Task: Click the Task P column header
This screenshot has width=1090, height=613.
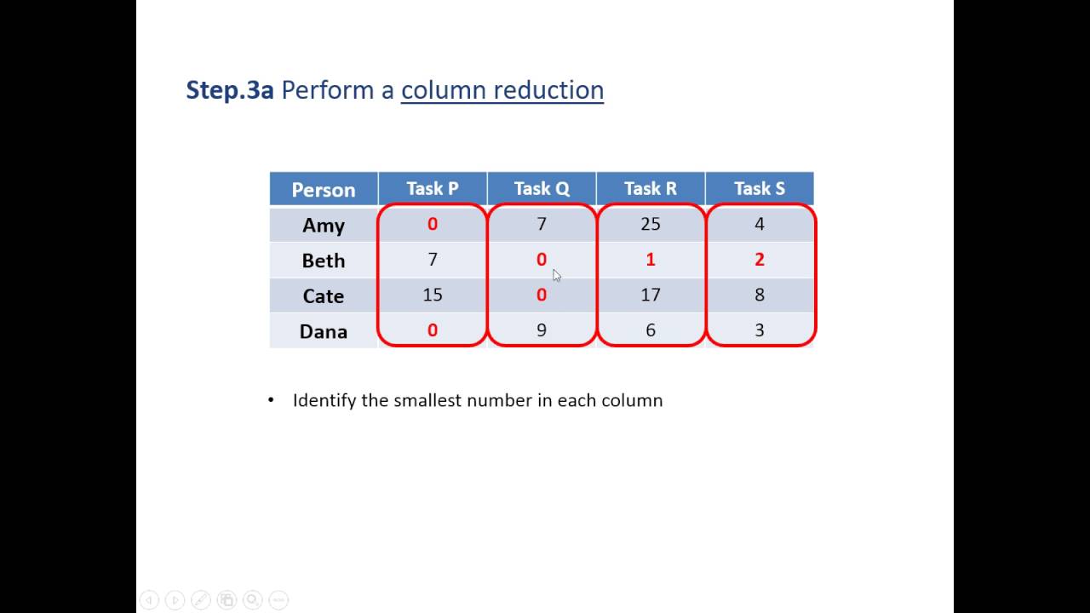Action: pos(433,188)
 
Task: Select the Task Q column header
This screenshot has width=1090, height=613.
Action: pos(542,188)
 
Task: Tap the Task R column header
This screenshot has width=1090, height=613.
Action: pos(651,188)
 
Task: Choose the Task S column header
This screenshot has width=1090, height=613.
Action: pos(760,188)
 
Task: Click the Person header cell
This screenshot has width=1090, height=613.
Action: pos(324,189)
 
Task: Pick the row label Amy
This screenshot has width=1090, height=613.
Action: pos(324,225)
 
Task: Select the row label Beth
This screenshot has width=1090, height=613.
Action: pos(324,261)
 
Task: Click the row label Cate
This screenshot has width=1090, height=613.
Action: pos(324,296)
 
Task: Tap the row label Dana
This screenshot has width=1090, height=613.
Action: pos(324,331)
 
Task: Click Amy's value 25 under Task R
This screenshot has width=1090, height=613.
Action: pos(651,224)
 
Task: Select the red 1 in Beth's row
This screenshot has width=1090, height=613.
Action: pos(651,260)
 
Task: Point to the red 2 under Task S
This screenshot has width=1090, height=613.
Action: pos(760,260)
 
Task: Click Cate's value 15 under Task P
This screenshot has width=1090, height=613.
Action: pos(433,295)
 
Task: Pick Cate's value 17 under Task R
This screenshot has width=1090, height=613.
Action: pos(651,295)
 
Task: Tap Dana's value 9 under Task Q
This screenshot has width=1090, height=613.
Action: pos(542,330)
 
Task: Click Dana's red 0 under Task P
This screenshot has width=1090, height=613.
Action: pos(433,330)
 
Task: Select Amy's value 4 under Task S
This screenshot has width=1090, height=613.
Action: pos(760,224)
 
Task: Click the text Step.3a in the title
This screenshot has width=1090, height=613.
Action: pos(230,90)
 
